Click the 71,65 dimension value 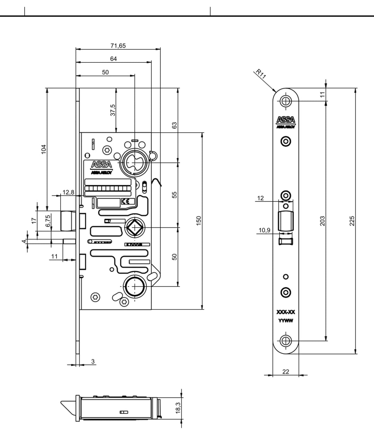click(x=118, y=46)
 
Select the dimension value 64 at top click(x=114, y=59)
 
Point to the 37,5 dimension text click(x=113, y=111)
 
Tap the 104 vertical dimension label click(x=44, y=149)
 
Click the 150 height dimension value click(x=199, y=221)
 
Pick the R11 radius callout click(x=261, y=74)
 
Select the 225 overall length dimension click(x=352, y=221)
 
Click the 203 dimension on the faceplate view click(x=322, y=221)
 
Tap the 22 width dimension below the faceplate click(x=286, y=372)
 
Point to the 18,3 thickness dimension click(x=178, y=408)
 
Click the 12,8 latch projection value click(x=68, y=192)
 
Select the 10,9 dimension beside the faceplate click(x=264, y=230)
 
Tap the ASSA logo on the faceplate click(x=286, y=120)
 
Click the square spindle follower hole click(x=134, y=228)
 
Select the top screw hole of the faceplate click(x=286, y=101)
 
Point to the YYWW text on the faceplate click(x=286, y=321)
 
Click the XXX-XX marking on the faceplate click(x=286, y=312)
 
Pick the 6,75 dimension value click(x=48, y=221)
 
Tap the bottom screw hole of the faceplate click(x=286, y=341)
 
